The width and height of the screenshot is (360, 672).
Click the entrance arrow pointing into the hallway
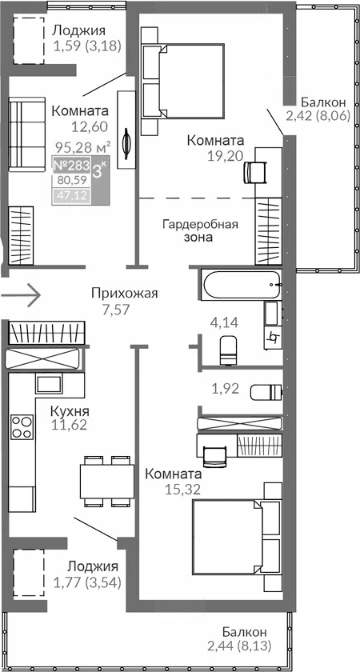coord(21,294)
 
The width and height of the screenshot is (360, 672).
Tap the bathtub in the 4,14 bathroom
coord(239,285)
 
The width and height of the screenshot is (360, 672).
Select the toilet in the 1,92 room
coord(266,392)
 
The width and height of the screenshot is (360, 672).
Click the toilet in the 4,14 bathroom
coord(228,348)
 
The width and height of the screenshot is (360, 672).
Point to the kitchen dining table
coord(106,480)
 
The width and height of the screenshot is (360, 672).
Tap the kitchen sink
coord(49,383)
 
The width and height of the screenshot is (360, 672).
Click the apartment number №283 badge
coord(70,166)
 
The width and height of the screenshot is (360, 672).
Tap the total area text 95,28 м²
coord(82,147)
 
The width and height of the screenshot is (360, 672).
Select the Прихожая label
coord(124,293)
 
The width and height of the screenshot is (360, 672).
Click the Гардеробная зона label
coord(200,230)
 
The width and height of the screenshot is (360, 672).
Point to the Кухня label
coord(70,411)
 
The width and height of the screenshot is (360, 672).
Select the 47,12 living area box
coord(70,195)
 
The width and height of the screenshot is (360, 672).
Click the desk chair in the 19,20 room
coord(256,172)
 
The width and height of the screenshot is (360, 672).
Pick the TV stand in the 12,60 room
coord(126,128)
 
